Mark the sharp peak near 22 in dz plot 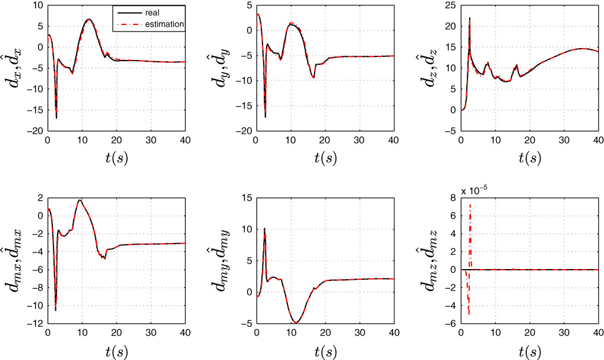coord(470,18)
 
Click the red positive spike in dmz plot coord(470,205)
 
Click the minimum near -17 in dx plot coord(56,118)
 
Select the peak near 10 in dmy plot coord(264,229)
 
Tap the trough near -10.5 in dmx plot coord(56,310)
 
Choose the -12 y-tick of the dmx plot coord(34,324)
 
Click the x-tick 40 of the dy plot coord(393,140)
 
